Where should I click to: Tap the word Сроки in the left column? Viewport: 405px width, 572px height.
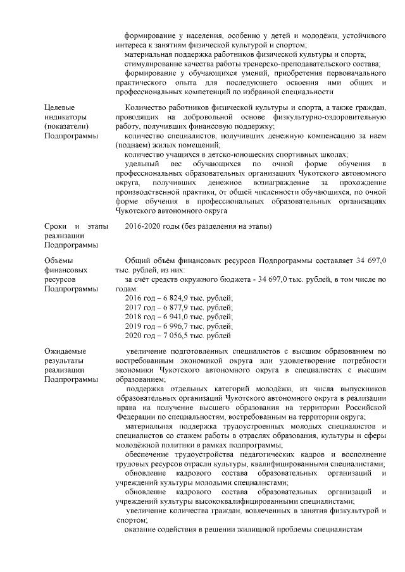point(56,226)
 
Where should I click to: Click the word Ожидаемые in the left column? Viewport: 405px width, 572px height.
point(65,351)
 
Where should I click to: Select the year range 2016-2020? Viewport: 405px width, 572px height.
point(144,226)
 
